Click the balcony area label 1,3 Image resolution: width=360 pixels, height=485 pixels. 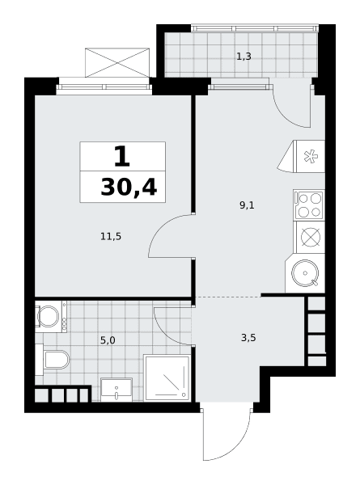coord(244,57)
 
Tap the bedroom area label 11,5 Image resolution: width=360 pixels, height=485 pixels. coord(111,237)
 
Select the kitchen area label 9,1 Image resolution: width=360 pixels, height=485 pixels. coord(247,205)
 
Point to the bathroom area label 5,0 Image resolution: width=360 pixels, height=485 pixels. coord(108,340)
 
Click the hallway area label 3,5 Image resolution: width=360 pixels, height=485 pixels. coord(248,338)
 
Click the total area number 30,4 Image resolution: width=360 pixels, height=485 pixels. coord(129,188)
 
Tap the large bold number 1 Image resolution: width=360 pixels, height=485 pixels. coord(122,157)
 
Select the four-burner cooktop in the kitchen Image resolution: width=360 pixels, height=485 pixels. coord(309,205)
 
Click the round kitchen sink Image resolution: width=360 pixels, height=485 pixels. coord(305,273)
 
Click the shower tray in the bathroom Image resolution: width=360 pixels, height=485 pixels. coord(167,378)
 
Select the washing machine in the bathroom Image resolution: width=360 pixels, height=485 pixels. coord(51,316)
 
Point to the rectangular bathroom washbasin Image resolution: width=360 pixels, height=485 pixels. coord(116,390)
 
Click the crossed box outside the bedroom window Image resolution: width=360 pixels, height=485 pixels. coord(117,62)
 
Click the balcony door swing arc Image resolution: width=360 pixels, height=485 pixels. coord(286,116)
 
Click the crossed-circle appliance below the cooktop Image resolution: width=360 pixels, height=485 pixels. coord(311,237)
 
